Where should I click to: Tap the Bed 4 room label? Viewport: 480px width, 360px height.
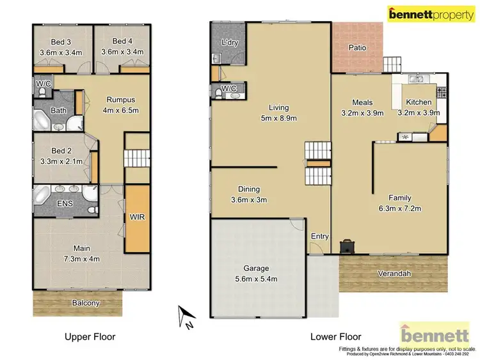[122, 42]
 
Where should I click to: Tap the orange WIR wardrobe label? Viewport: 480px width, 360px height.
[136, 217]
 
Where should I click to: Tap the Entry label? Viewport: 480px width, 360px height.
[319, 237]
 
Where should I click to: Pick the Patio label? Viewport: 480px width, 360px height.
[357, 47]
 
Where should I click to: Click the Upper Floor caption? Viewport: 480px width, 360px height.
[91, 336]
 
